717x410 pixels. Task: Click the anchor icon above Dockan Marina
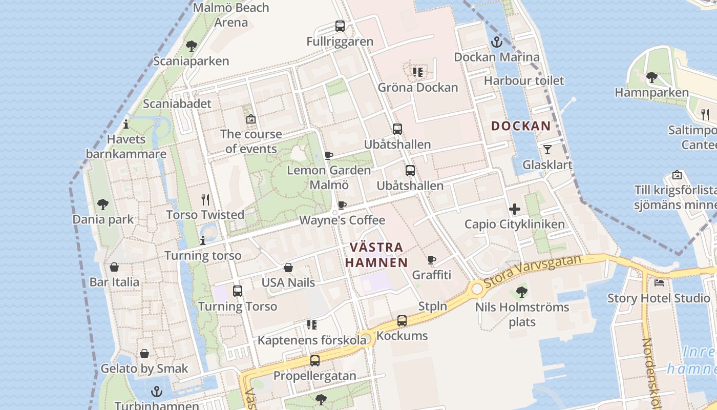pyautogui.click(x=496, y=42)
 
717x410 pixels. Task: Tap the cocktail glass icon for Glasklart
pyautogui.click(x=547, y=150)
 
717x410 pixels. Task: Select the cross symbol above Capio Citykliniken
pyautogui.click(x=515, y=209)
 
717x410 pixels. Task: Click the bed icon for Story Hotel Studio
pyautogui.click(x=659, y=282)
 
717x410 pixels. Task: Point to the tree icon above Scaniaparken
pyautogui.click(x=192, y=46)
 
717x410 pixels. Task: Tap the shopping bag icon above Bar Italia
pyautogui.click(x=114, y=267)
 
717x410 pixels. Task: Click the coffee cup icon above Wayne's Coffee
pyautogui.click(x=342, y=206)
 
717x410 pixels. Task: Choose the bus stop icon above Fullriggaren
pyautogui.click(x=340, y=26)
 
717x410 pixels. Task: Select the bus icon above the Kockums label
pyautogui.click(x=402, y=321)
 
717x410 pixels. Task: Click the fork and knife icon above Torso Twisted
pyautogui.click(x=205, y=199)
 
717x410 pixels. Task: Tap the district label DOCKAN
pyautogui.click(x=521, y=126)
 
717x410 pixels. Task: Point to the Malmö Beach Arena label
pyautogui.click(x=231, y=15)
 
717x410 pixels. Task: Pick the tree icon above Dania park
pyautogui.click(x=103, y=204)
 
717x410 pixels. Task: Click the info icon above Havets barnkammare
pyautogui.click(x=126, y=124)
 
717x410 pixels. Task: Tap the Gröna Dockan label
pyautogui.click(x=418, y=87)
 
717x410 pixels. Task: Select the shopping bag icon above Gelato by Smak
pyautogui.click(x=144, y=354)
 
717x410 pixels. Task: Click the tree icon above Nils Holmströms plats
pyautogui.click(x=522, y=292)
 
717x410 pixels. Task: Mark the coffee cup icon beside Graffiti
pyautogui.click(x=432, y=260)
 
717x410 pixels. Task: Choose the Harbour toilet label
pyautogui.click(x=524, y=80)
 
